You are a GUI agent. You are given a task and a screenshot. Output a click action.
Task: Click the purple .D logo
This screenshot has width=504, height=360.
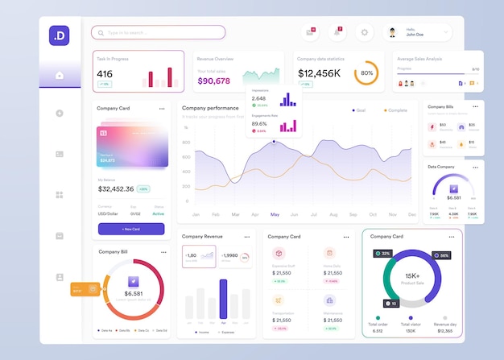coord(60,35)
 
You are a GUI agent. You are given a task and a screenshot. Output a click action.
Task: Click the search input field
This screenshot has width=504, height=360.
coord(158,32)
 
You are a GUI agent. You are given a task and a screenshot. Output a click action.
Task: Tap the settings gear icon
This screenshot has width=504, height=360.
coord(364,32)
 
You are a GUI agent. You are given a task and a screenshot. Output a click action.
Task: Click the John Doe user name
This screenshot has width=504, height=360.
coord(415,35)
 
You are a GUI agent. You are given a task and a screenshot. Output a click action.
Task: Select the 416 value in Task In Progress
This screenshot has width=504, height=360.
coord(105,74)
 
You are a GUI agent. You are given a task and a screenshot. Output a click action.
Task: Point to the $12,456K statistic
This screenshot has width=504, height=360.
coord(319,73)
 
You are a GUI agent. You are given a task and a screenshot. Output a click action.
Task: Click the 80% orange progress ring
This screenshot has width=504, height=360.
coord(366,72)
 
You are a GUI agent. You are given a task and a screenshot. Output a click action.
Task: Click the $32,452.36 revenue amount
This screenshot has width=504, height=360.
coord(116,188)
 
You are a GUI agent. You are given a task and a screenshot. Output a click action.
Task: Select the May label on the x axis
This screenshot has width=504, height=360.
coord(275,214)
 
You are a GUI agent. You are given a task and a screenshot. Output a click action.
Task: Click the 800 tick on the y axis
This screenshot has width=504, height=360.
coord(186,142)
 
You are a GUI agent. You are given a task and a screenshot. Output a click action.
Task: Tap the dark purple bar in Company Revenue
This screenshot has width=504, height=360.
coord(223,300)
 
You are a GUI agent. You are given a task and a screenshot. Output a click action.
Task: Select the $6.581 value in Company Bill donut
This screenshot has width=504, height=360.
coord(134,293)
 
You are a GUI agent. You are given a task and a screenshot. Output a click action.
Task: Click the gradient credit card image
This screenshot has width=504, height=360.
coord(133,146)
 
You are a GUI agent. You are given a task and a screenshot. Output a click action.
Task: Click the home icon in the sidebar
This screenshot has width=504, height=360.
coord(60,75)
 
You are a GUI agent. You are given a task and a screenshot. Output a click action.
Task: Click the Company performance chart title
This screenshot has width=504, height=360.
coord(210,107)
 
